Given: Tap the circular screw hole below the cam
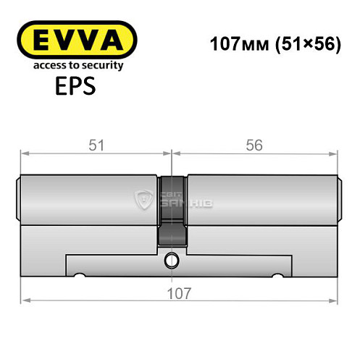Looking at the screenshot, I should pyautogui.click(x=172, y=258).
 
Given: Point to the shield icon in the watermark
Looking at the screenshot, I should pyautogui.click(x=145, y=201).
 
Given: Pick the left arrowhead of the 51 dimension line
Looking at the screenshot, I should pyautogui.click(x=24, y=153).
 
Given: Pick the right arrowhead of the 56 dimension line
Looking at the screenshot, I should pyautogui.click(x=335, y=153).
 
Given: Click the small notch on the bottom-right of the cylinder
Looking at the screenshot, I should pyautogui.click(x=277, y=276).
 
